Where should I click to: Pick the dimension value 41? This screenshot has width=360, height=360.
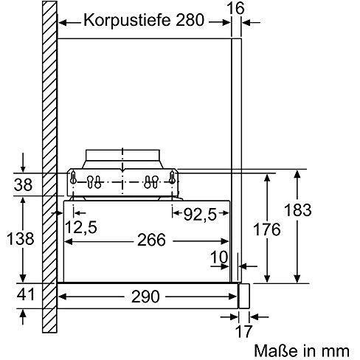tap(24, 295)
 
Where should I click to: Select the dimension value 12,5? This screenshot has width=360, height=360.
tap(80, 227)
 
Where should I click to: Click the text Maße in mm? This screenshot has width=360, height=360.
tap(302, 349)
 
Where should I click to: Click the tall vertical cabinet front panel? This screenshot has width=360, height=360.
tap(237, 148)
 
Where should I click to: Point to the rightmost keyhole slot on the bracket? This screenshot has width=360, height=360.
tap(171, 177)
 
